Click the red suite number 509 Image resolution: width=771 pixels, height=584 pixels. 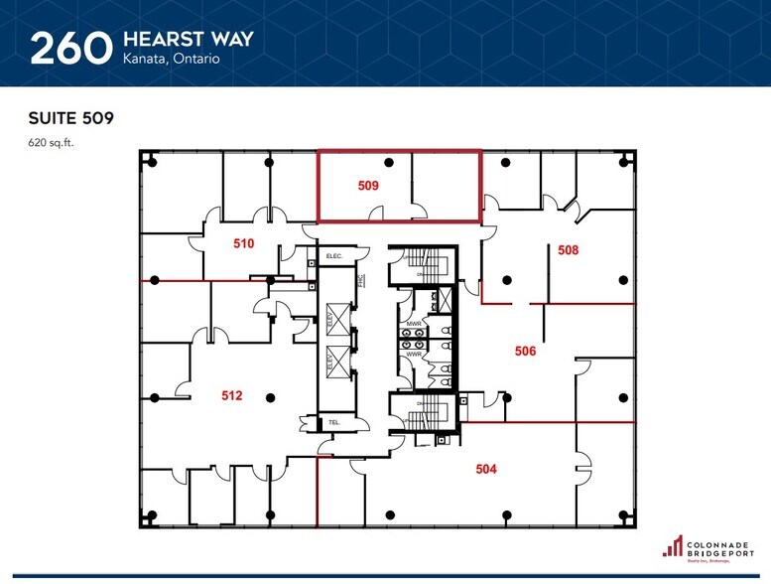tap(368, 185)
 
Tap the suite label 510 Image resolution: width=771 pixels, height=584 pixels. tap(244, 244)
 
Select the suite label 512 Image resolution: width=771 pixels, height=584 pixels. tap(231, 395)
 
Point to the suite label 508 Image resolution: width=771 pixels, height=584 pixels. tap(568, 250)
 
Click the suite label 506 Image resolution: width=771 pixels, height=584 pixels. tap(525, 350)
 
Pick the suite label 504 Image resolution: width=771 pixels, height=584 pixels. tap(485, 469)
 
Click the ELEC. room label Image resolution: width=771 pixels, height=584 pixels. tap(334, 257)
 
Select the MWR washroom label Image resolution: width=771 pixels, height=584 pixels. tap(414, 325)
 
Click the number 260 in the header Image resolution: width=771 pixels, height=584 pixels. tap(68, 48)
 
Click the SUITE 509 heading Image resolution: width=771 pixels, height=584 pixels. tap(70, 118)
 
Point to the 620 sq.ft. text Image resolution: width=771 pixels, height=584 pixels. tap(52, 142)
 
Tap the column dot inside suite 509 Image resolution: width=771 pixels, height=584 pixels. tap(389, 161)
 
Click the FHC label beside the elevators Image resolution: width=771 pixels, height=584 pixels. tap(362, 281)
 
